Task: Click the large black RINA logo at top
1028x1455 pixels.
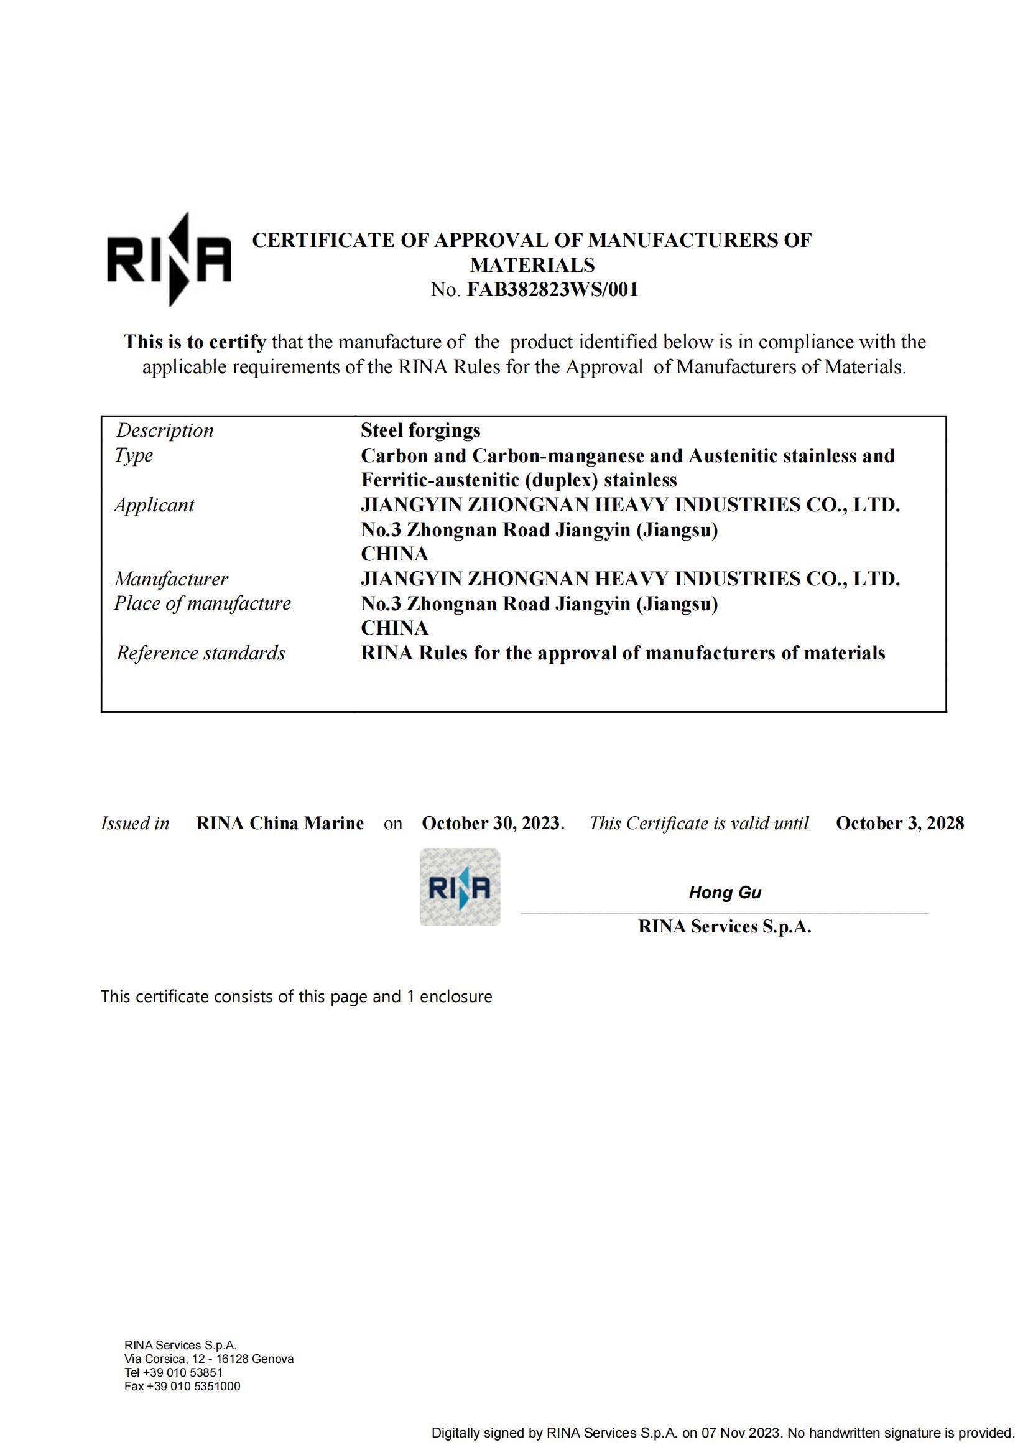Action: coord(169,260)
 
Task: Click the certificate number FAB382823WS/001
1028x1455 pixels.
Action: coord(552,290)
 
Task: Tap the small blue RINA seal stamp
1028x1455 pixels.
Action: coord(460,887)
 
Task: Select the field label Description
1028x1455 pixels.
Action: coord(165,430)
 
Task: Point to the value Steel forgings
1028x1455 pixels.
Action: coord(420,430)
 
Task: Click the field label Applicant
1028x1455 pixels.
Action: coord(155,505)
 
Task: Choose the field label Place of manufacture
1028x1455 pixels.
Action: coord(203,603)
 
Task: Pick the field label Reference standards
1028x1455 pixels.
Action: coord(201,653)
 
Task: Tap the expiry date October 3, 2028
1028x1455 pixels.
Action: coord(899,823)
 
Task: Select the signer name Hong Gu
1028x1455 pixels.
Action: coord(725,893)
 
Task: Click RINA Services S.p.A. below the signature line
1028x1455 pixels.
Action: coord(725,926)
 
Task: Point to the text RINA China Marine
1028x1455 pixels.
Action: coord(280,823)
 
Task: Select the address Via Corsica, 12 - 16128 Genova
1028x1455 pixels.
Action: coord(209,1359)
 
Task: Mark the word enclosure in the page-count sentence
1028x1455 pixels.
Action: coord(456,996)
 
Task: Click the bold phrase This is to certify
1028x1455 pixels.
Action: coord(195,342)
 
